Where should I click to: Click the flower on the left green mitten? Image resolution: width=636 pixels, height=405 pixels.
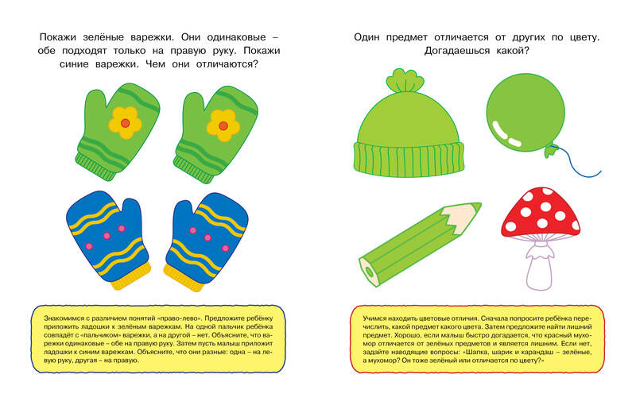point(125,123)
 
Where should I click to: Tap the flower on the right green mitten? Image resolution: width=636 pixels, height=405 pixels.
point(223,125)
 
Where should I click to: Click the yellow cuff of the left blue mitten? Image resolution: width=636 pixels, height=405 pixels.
point(131,276)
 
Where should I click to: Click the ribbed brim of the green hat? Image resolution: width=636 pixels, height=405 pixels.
point(409,159)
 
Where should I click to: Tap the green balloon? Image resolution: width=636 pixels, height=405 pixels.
point(525,113)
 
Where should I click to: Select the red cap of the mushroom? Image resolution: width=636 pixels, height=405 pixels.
point(541,214)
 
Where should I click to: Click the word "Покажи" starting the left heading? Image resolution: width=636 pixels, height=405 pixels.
point(57,37)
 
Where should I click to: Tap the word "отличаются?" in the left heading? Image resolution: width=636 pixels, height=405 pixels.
point(227,64)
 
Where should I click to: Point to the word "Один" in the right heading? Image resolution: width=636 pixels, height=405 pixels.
point(366,37)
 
